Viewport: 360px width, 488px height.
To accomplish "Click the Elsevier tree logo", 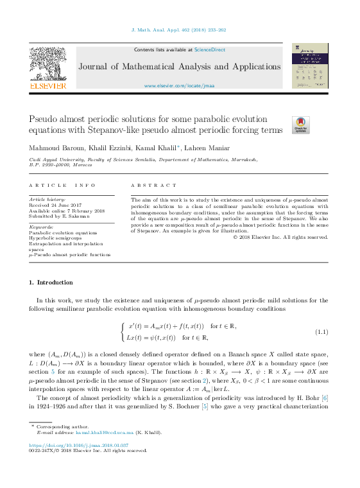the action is [x=47, y=65].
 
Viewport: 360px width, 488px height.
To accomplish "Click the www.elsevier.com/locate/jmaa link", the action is [x=179, y=85].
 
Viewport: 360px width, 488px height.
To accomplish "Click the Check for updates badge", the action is [x=300, y=125].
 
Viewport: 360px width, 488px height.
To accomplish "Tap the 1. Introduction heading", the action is [x=51, y=283].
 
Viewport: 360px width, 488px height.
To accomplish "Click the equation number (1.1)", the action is [x=321, y=331].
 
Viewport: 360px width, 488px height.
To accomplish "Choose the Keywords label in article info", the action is [x=42, y=227].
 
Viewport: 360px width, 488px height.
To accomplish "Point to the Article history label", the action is [x=47, y=200].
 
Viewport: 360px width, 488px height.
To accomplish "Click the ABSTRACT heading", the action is [x=153, y=185].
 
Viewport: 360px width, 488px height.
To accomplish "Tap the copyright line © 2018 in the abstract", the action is [x=280, y=237].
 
